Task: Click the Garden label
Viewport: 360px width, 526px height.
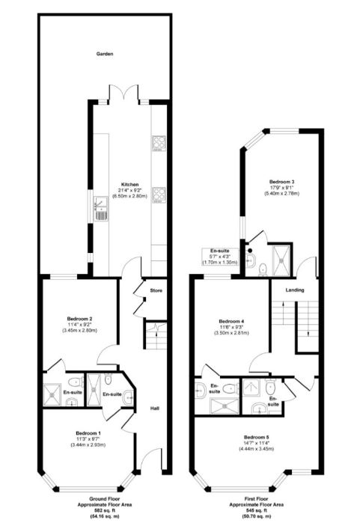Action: pyautogui.click(x=104, y=54)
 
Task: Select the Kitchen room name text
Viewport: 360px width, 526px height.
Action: pyautogui.click(x=130, y=184)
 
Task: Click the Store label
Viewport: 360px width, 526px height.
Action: pyautogui.click(x=156, y=290)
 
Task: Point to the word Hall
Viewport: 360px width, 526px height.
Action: pyautogui.click(x=154, y=409)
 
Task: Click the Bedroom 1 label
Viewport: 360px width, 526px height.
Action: pyautogui.click(x=88, y=433)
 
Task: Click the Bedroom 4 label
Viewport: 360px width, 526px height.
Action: pyautogui.click(x=231, y=322)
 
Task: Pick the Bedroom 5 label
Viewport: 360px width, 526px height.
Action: pyautogui.click(x=256, y=437)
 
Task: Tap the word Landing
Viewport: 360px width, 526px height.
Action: pyautogui.click(x=281, y=290)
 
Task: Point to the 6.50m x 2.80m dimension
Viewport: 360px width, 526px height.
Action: pyautogui.click(x=130, y=196)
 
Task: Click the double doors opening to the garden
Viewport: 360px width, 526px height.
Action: pyautogui.click(x=123, y=96)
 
